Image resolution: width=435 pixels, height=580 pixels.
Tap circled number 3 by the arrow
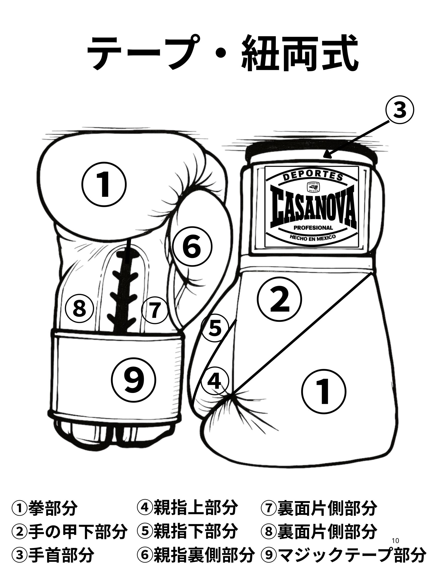(399, 111)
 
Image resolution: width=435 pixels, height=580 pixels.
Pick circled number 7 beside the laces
(155, 310)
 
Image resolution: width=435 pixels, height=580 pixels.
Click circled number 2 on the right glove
(279, 299)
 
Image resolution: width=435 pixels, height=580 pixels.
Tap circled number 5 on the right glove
(214, 329)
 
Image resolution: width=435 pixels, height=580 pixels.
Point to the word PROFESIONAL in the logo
(313, 228)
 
